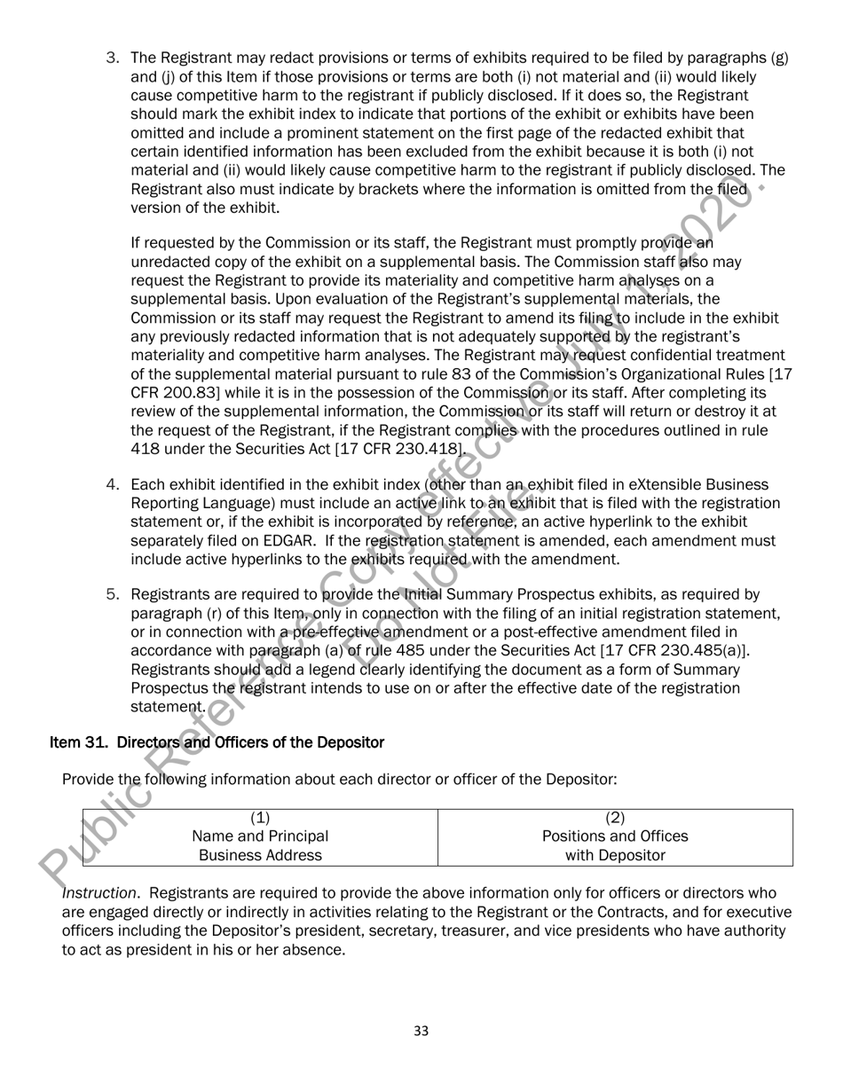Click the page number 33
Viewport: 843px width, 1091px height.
click(x=421, y=1030)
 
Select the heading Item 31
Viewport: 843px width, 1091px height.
click(x=217, y=742)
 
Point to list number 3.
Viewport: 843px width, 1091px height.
click(x=113, y=59)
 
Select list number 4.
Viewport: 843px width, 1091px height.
click(x=113, y=484)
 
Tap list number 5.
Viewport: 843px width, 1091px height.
click(x=113, y=593)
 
